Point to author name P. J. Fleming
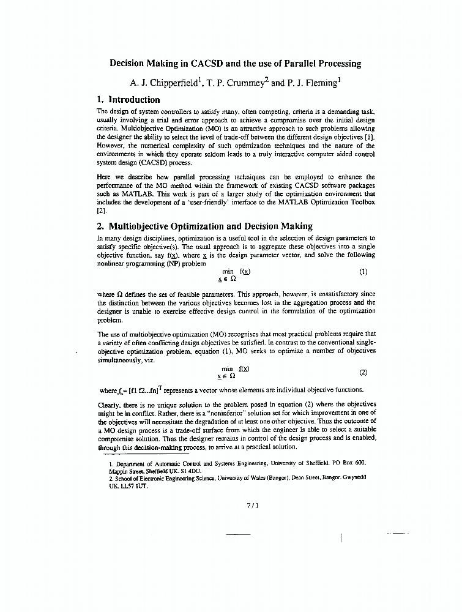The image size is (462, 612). pos(313,81)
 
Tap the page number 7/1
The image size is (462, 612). pos(252,506)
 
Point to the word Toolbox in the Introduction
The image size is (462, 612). pos(360,203)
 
